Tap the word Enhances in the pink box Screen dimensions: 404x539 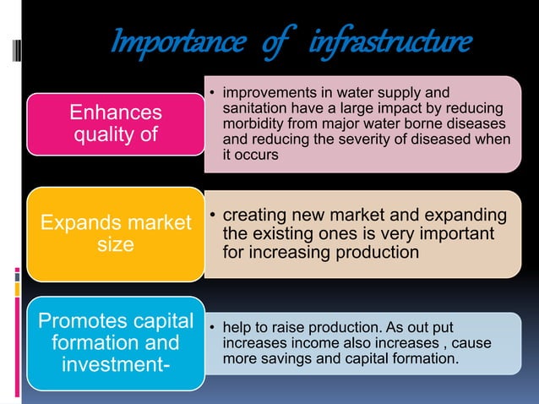[116, 112]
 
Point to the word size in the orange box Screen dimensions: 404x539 [116, 244]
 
